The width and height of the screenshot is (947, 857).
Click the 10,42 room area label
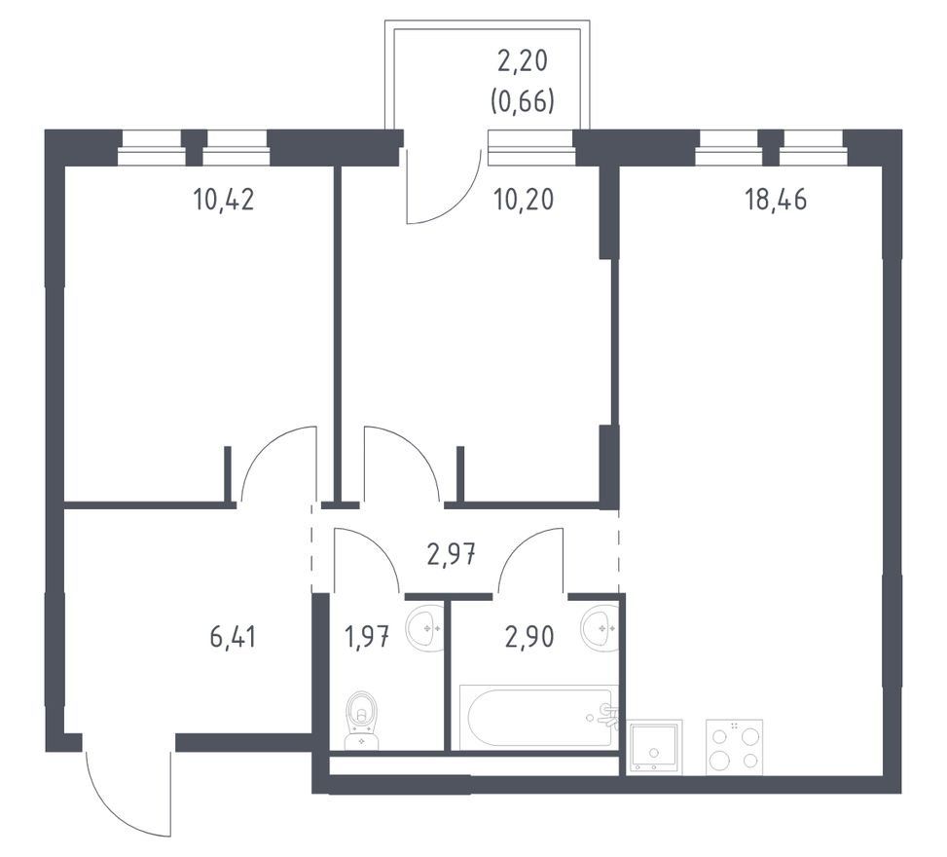coord(224,200)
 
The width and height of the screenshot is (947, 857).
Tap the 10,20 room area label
coord(523,200)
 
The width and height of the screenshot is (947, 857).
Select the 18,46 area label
coord(776,200)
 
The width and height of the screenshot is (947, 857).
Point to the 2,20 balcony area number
coord(523,61)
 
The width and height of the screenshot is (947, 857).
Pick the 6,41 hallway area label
coord(234,637)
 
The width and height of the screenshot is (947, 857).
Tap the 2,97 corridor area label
coord(452,554)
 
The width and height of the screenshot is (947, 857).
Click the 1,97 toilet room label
coord(367,637)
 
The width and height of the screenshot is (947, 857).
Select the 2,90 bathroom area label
coord(529,637)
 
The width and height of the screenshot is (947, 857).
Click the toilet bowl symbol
coord(362,721)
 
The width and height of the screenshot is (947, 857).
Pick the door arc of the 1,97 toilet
coord(378,547)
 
